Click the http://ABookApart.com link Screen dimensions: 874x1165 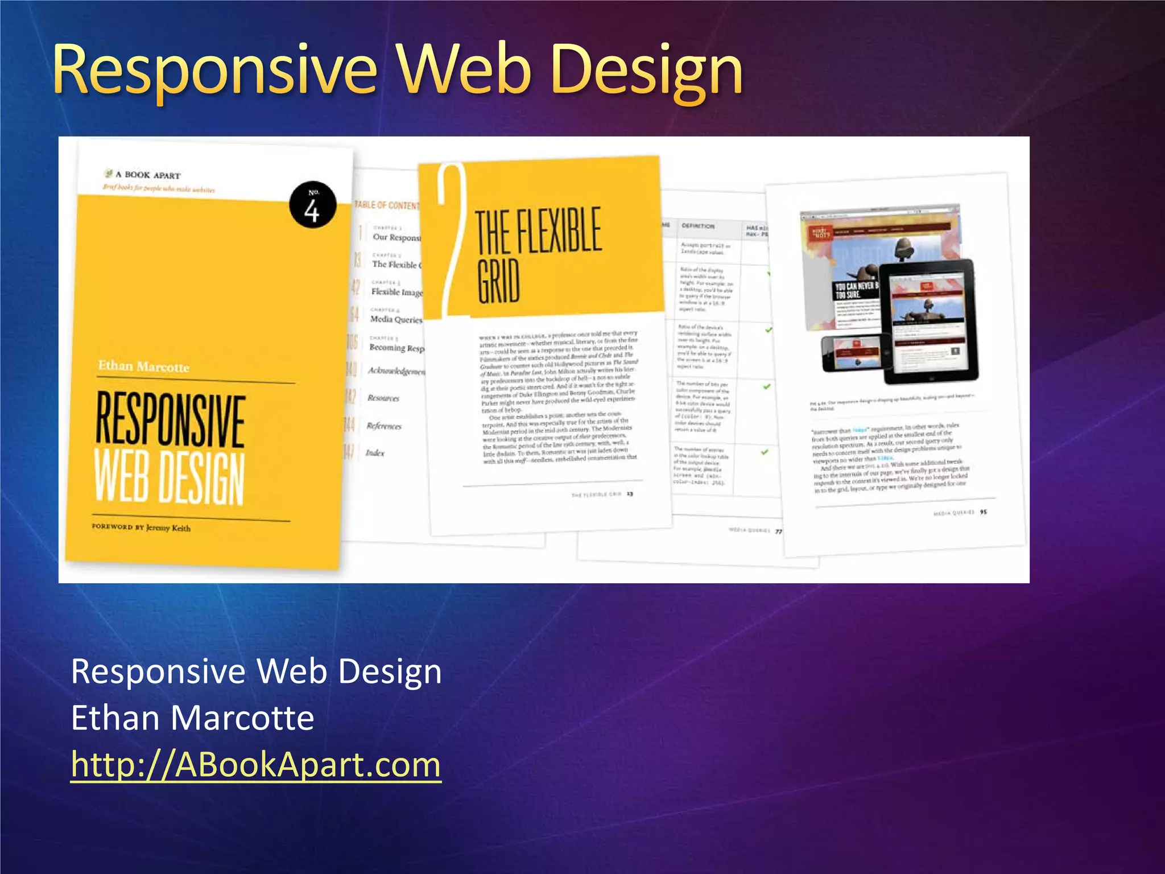click(x=256, y=764)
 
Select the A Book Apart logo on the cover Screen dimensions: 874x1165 click(x=142, y=175)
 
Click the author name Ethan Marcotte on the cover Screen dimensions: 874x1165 click(x=143, y=366)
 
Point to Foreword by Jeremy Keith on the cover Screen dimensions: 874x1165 click(x=141, y=527)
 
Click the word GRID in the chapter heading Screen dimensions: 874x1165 click(x=498, y=281)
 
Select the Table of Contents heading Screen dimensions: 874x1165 click(x=387, y=205)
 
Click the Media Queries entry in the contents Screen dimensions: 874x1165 click(x=396, y=319)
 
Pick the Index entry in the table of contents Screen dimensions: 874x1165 click(x=375, y=453)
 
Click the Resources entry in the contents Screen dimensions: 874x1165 click(x=383, y=398)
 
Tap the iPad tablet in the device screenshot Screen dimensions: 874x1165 click(x=928, y=321)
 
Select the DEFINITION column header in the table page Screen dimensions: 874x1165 click(x=698, y=226)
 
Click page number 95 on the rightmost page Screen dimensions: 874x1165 click(x=984, y=512)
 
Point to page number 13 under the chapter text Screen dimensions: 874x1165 click(x=630, y=494)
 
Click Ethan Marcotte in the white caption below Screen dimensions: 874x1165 click(x=192, y=718)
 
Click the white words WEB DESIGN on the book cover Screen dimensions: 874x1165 click(x=170, y=477)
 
